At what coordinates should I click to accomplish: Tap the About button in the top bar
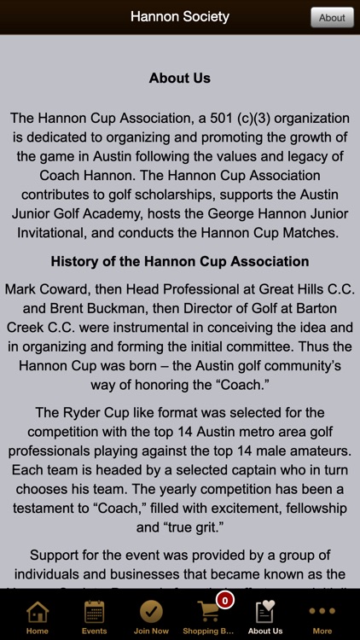332,17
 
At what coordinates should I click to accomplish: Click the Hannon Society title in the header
180,16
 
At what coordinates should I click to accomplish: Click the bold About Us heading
180,78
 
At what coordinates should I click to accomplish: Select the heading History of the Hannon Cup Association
180,261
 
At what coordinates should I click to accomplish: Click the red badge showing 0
225,600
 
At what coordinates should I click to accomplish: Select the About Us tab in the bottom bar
265,616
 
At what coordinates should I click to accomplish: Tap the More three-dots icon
322,612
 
